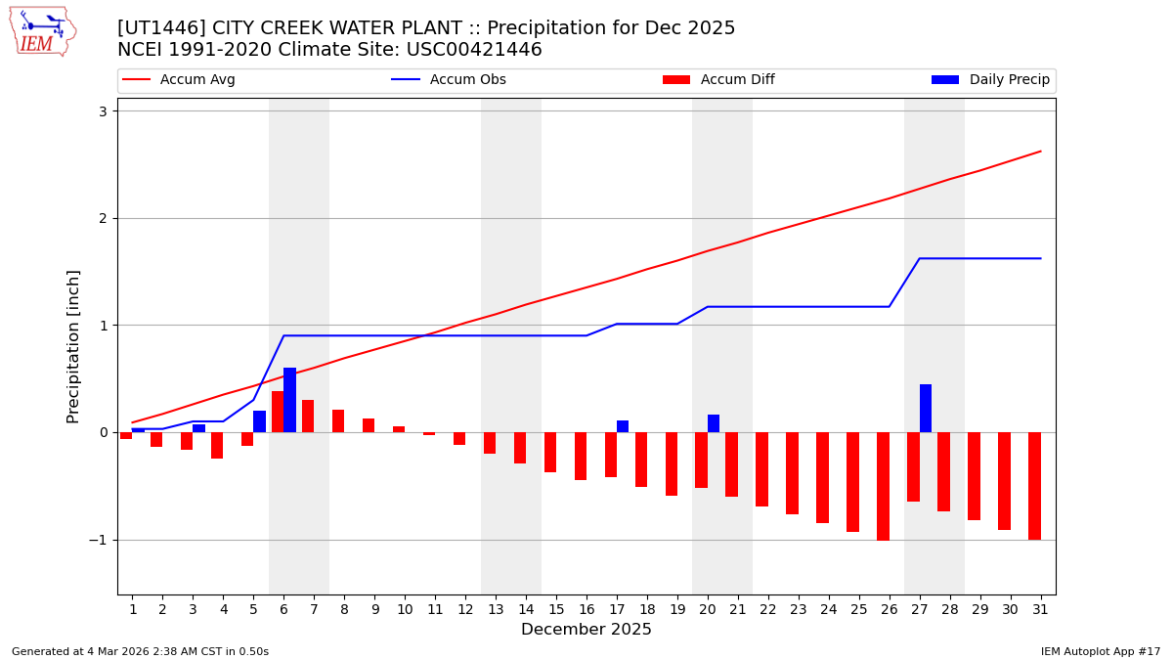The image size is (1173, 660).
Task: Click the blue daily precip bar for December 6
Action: click(289, 400)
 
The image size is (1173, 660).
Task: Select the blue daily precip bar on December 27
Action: click(926, 409)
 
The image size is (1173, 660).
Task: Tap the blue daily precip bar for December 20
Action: click(714, 423)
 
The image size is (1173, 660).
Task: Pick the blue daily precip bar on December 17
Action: click(623, 426)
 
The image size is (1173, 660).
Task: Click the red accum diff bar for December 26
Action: click(883, 486)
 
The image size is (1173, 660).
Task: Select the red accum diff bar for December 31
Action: click(1034, 486)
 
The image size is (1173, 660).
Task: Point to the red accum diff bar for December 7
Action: click(308, 416)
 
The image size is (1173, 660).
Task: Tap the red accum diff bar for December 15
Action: click(550, 452)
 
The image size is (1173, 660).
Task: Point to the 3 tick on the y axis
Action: click(102, 111)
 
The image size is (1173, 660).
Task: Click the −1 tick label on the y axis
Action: click(97, 540)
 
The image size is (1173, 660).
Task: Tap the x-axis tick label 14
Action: click(526, 610)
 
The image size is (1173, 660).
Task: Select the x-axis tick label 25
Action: click(859, 610)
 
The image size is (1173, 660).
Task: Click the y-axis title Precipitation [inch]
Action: click(73, 346)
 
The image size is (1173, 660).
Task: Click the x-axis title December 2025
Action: click(586, 630)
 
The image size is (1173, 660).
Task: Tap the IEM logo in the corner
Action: click(42, 31)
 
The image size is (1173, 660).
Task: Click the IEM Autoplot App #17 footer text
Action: click(1100, 651)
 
